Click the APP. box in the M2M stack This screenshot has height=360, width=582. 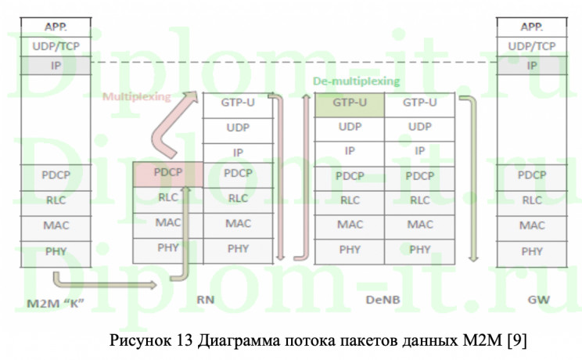pyautogui.click(x=56, y=27)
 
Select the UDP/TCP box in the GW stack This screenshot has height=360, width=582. pyautogui.click(x=531, y=46)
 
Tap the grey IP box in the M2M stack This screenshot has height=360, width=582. pyautogui.click(x=56, y=65)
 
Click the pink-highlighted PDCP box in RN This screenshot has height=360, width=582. pyautogui.click(x=167, y=173)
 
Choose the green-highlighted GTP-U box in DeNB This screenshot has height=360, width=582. pyautogui.click(x=350, y=103)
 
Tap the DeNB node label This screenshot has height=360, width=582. pyautogui.click(x=384, y=300)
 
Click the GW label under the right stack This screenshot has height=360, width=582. pyautogui.click(x=531, y=300)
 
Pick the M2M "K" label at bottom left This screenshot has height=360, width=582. pyautogui.click(x=56, y=301)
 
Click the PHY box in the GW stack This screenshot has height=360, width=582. pyautogui.click(x=531, y=251)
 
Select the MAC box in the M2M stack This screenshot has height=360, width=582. pyautogui.click(x=56, y=225)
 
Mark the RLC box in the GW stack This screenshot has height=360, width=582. pyautogui.click(x=531, y=200)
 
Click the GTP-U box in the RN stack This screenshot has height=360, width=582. pyautogui.click(x=239, y=103)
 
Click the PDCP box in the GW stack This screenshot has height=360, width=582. pyautogui.click(x=531, y=175)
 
